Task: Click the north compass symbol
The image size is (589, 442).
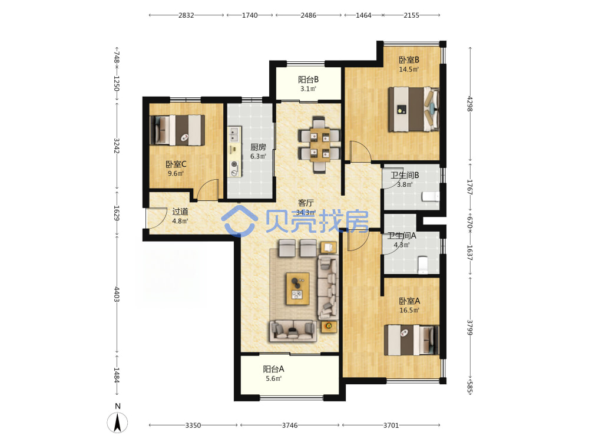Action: pos(118,422)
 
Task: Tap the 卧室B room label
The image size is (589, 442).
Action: pos(409,60)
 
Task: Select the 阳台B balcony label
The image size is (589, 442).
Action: pos(309,80)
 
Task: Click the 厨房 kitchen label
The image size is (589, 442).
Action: pos(258,147)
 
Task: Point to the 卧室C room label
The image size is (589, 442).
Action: pos(176,164)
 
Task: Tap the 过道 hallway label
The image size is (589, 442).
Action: pos(180,212)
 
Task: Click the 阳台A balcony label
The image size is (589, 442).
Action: pos(273,369)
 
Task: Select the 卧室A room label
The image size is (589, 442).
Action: pos(409,301)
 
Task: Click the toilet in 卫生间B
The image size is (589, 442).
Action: pos(431,197)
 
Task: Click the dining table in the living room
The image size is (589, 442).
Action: pos(320,145)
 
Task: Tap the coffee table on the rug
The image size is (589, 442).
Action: pos(298,289)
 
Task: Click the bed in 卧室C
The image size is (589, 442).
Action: pos(177,130)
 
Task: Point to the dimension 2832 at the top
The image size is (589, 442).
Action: pos(186,15)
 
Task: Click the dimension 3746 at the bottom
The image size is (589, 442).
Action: pos(290,425)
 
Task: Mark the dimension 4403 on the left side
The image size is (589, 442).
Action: pos(117,294)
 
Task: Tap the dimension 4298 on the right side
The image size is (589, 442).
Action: pos(469,104)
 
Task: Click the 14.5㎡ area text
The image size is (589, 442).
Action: pos(409,69)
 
